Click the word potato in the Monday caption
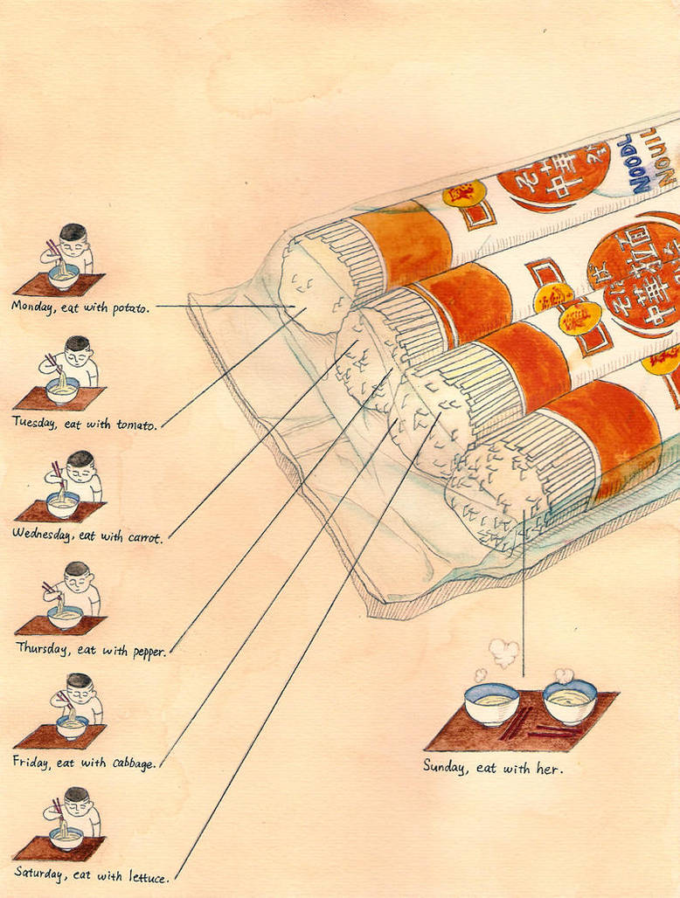pyautogui.click(x=130, y=307)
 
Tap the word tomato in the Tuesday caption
pyautogui.click(x=136, y=424)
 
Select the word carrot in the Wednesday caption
pyautogui.click(x=144, y=537)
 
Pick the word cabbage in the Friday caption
pyautogui.click(x=134, y=763)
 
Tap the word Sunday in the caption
pyautogui.click(x=445, y=766)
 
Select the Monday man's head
pyautogui.click(x=73, y=235)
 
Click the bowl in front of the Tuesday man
pyautogui.click(x=63, y=390)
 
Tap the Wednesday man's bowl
pyautogui.click(x=63, y=503)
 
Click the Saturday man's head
pyautogui.click(x=77, y=797)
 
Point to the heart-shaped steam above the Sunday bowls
pyautogui.click(x=503, y=652)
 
